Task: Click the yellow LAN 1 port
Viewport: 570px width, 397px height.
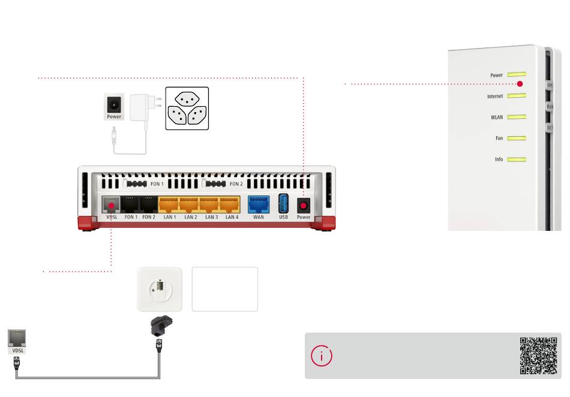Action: [x=169, y=203]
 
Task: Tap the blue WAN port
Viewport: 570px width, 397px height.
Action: [x=258, y=203]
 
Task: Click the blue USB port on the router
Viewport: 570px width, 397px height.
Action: [x=284, y=203]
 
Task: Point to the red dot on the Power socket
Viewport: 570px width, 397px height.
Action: [x=303, y=205]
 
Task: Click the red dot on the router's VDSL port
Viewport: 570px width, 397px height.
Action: [x=111, y=206]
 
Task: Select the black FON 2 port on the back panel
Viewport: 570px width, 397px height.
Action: [x=148, y=203]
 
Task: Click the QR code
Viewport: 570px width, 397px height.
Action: [x=538, y=356]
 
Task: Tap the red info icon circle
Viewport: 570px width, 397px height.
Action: [x=322, y=356]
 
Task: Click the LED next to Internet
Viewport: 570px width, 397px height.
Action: [x=517, y=96]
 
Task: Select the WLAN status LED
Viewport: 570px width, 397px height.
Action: [x=517, y=118]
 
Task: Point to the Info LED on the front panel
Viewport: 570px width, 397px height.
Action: [x=517, y=160]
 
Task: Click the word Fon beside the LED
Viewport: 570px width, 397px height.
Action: [x=499, y=139]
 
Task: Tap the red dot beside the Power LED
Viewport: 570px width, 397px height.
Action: [x=520, y=84]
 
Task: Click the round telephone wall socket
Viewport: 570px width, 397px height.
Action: [x=159, y=289]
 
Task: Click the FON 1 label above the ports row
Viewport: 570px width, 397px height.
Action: [x=157, y=184]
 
